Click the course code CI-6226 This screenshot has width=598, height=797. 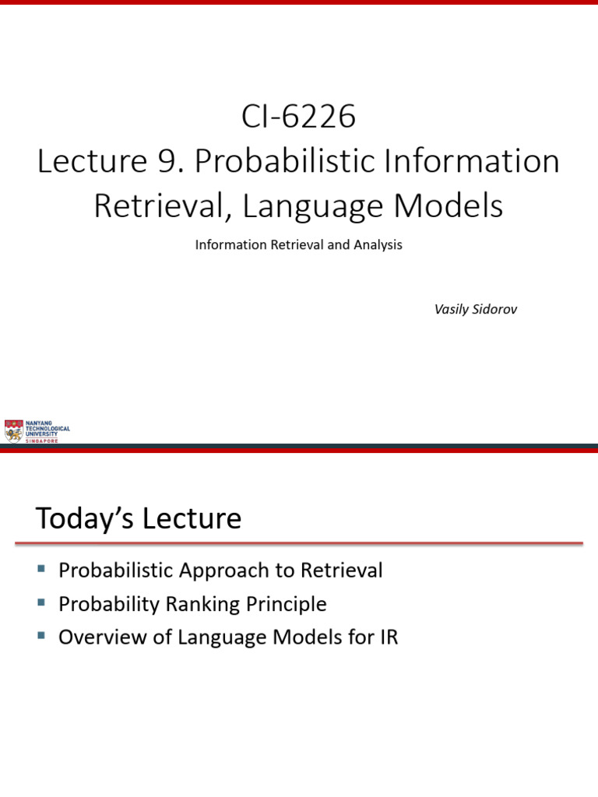[x=298, y=118]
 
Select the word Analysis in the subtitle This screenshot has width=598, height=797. [x=378, y=244]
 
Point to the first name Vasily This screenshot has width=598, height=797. [x=452, y=309]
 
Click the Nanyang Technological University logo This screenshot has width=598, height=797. [x=37, y=430]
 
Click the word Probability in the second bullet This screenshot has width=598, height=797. [x=107, y=604]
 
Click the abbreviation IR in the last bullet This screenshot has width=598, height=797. [x=387, y=637]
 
